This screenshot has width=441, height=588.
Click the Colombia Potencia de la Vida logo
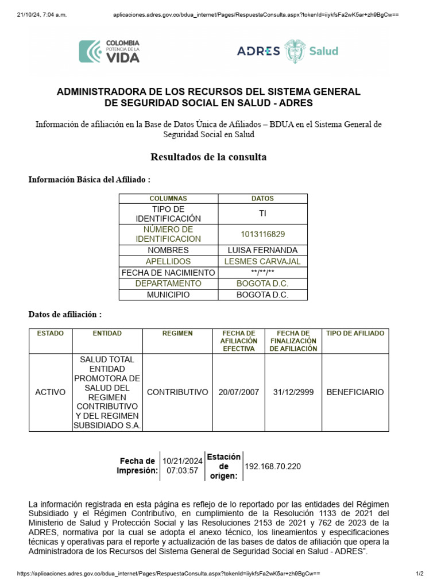(x=109, y=51)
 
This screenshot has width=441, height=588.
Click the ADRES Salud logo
(x=288, y=51)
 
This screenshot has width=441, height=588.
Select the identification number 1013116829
(x=262, y=234)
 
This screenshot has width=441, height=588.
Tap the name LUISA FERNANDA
(x=262, y=250)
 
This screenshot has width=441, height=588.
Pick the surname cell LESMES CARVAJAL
(x=262, y=261)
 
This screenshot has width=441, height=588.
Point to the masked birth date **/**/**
(x=262, y=273)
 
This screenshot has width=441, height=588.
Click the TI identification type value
(x=262, y=214)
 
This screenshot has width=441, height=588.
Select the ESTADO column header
(x=51, y=334)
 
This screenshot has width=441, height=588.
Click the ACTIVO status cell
(x=51, y=392)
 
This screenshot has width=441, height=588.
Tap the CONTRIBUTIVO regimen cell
(x=177, y=392)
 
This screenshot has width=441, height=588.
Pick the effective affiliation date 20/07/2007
(x=238, y=392)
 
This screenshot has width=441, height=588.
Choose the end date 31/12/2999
(x=293, y=392)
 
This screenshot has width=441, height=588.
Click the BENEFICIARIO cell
(x=355, y=392)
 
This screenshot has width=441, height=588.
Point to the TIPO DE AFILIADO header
(x=355, y=334)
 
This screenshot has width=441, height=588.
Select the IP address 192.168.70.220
(x=273, y=466)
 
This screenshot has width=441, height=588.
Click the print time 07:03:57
(x=182, y=471)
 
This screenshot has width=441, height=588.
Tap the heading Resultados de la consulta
(x=208, y=157)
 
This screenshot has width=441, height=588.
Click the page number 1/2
(x=419, y=574)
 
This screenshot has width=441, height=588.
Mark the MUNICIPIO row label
(x=168, y=295)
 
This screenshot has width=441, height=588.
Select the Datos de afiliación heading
(x=65, y=315)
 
